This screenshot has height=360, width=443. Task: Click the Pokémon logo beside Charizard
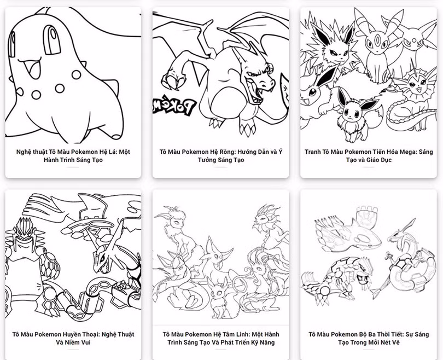pyautogui.click(x=174, y=107)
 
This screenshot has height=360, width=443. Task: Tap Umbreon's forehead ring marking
pyautogui.click(x=376, y=37)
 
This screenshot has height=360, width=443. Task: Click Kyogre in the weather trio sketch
pyautogui.click(x=351, y=235)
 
